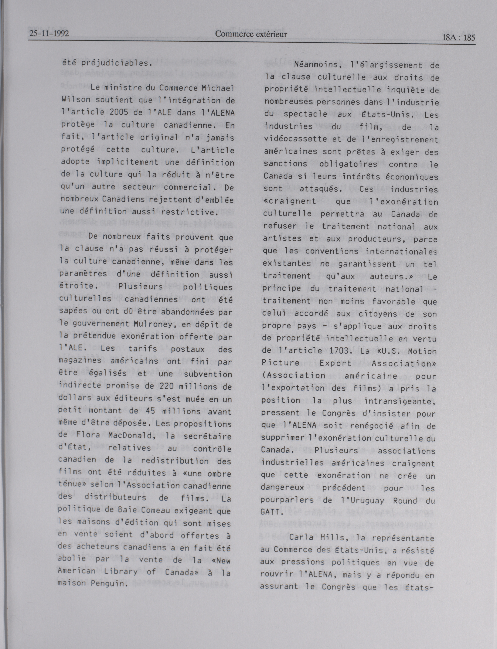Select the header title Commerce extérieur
pos(251,34)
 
